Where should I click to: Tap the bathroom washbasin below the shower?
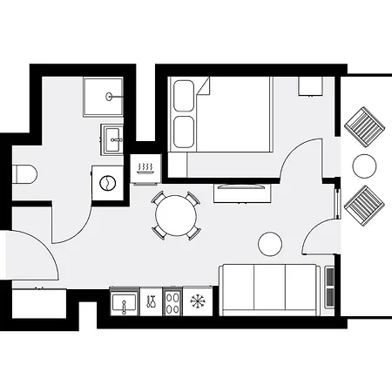click(113, 136)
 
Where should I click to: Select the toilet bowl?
click(25, 173)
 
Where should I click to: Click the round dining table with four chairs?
click(176, 214)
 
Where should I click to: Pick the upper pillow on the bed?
click(183, 95)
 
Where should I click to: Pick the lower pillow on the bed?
click(183, 132)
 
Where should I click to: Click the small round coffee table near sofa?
click(271, 243)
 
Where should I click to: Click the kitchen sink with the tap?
click(124, 304)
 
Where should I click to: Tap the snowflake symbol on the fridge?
click(197, 302)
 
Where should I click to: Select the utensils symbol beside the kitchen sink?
click(150, 303)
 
